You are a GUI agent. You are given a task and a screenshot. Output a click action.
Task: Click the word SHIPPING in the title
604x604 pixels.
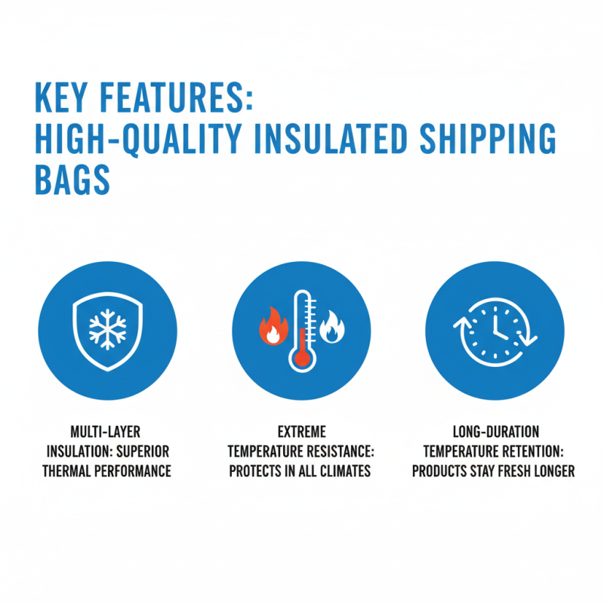(x=482, y=141)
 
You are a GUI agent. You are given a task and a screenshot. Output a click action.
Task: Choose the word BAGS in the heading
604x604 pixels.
(x=72, y=181)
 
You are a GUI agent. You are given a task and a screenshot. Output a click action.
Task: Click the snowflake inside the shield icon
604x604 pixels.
(x=107, y=330)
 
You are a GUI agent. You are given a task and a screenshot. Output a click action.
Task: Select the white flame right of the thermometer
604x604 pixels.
(x=332, y=328)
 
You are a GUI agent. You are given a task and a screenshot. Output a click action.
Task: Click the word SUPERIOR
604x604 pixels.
(x=143, y=451)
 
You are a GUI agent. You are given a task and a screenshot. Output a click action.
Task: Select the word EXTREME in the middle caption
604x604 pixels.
(x=301, y=433)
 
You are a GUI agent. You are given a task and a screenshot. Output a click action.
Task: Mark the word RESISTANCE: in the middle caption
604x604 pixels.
(x=337, y=451)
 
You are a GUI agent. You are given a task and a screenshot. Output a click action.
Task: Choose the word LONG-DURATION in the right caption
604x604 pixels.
(x=495, y=433)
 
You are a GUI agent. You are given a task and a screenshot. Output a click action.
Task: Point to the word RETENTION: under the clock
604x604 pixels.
(x=532, y=451)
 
